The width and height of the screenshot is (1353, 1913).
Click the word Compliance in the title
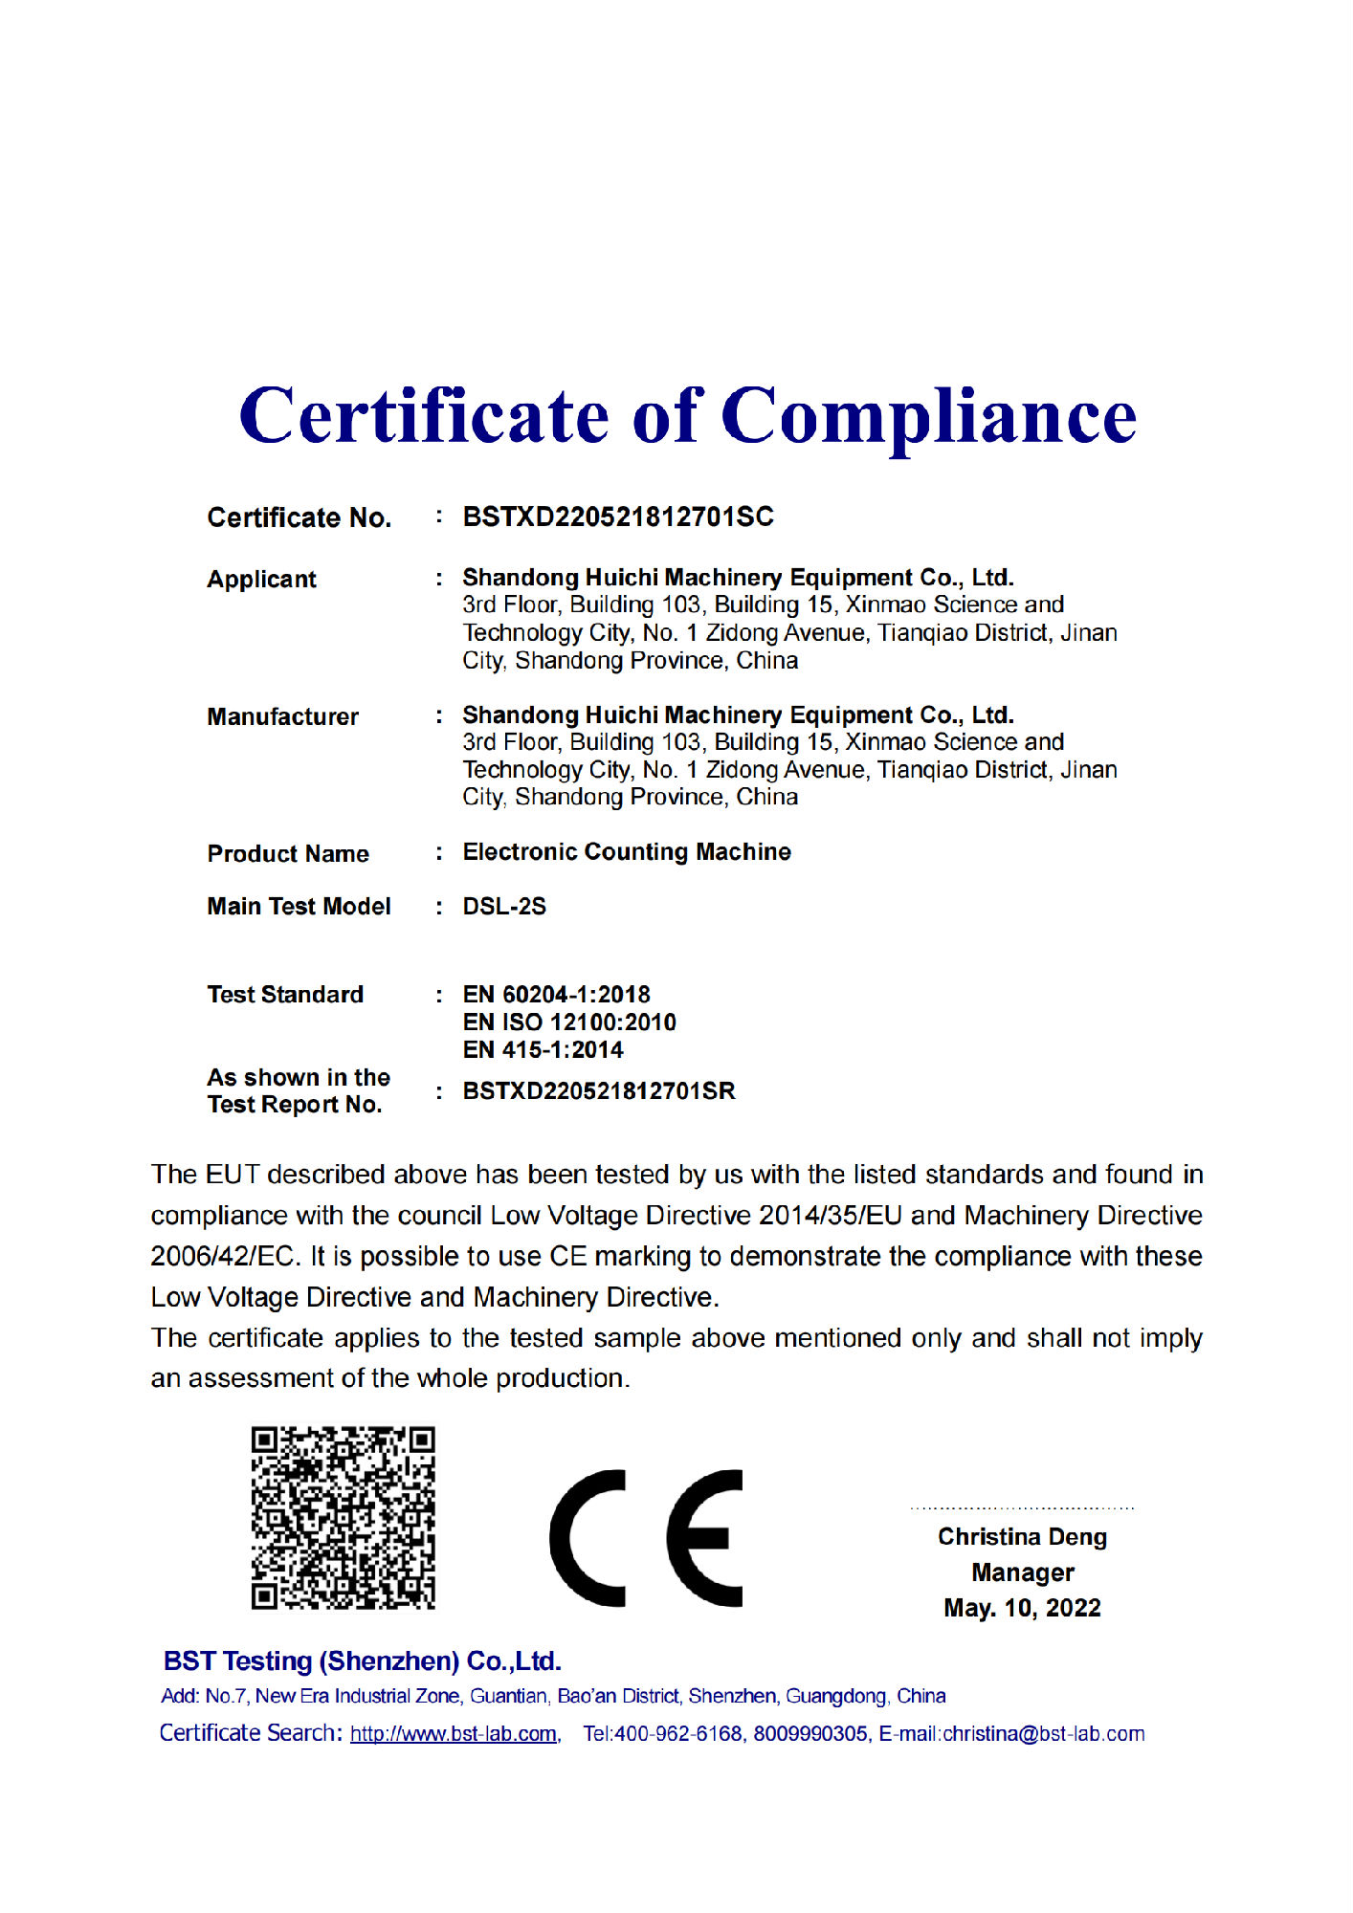pyautogui.click(x=928, y=418)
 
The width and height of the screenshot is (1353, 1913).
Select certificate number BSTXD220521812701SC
pyautogui.click(x=618, y=517)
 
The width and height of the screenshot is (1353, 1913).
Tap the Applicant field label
pyautogui.click(x=261, y=580)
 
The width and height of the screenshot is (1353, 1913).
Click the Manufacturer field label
pyautogui.click(x=282, y=716)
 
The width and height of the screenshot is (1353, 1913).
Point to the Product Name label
pyautogui.click(x=288, y=853)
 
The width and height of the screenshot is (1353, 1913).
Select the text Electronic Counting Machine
pyautogui.click(x=627, y=851)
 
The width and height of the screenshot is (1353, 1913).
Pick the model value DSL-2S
pyautogui.click(x=504, y=906)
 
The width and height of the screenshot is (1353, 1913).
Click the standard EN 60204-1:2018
pyautogui.click(x=556, y=995)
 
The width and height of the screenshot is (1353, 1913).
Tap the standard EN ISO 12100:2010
pyautogui.click(x=569, y=1022)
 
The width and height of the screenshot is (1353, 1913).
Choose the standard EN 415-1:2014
pyautogui.click(x=543, y=1050)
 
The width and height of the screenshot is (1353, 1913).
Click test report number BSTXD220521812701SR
pyautogui.click(x=599, y=1091)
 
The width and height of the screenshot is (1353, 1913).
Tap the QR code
pyautogui.click(x=343, y=1518)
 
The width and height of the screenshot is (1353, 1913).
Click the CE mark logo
pyautogui.click(x=646, y=1537)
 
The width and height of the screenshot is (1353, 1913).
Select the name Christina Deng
pyautogui.click(x=1022, y=1537)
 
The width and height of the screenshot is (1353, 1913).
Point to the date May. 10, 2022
pyautogui.click(x=1022, y=1608)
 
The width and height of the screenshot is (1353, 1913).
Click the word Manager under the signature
pyautogui.click(x=1022, y=1572)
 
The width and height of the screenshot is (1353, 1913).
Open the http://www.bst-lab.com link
pyautogui.click(x=454, y=1734)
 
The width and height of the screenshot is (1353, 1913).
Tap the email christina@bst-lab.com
pyautogui.click(x=1043, y=1734)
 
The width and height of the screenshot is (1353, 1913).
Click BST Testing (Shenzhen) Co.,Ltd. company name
pyautogui.click(x=362, y=1661)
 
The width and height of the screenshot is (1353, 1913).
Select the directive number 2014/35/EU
pyautogui.click(x=830, y=1216)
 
